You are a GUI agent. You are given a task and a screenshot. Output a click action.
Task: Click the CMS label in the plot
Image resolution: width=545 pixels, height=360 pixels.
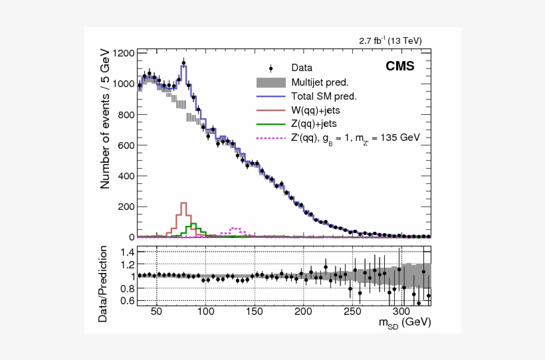(x=400, y=66)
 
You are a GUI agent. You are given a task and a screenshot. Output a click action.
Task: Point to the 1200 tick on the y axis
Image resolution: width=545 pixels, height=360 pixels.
(x=124, y=53)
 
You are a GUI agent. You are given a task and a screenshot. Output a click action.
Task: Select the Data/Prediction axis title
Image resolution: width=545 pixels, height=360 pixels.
(x=104, y=284)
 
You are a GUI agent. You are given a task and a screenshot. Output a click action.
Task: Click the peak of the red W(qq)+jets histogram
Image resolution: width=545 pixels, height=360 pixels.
(x=183, y=203)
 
